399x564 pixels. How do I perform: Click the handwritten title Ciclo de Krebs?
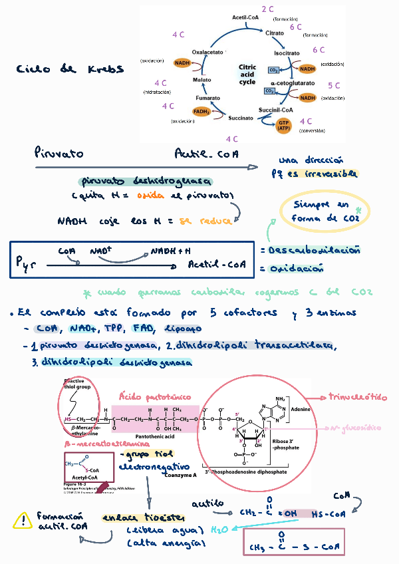[x=70, y=69]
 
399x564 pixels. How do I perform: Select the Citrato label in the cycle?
[x=275, y=32]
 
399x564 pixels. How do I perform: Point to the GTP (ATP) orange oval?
[x=284, y=125]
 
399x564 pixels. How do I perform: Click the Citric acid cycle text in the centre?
[x=247, y=74]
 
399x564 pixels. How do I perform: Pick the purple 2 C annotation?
[x=268, y=9]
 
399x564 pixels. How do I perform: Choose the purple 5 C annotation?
[x=334, y=86]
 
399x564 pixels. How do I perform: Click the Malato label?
[x=202, y=80]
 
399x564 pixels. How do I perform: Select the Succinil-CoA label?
[x=275, y=110]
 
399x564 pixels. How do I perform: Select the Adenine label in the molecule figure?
[x=301, y=410]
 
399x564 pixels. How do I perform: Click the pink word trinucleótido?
[x=358, y=397]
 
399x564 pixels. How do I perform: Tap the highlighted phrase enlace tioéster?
[x=144, y=517]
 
